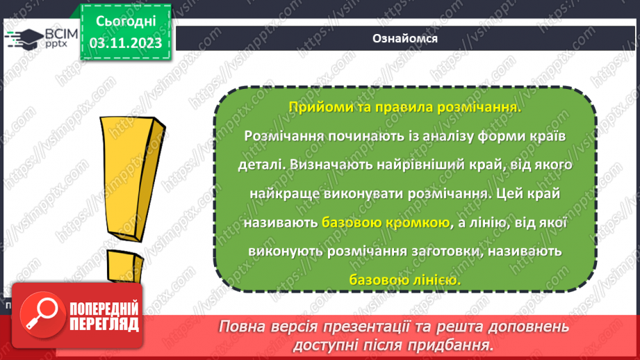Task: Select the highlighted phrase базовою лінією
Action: tap(404, 280)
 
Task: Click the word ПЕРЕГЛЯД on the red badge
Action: tap(104, 323)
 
